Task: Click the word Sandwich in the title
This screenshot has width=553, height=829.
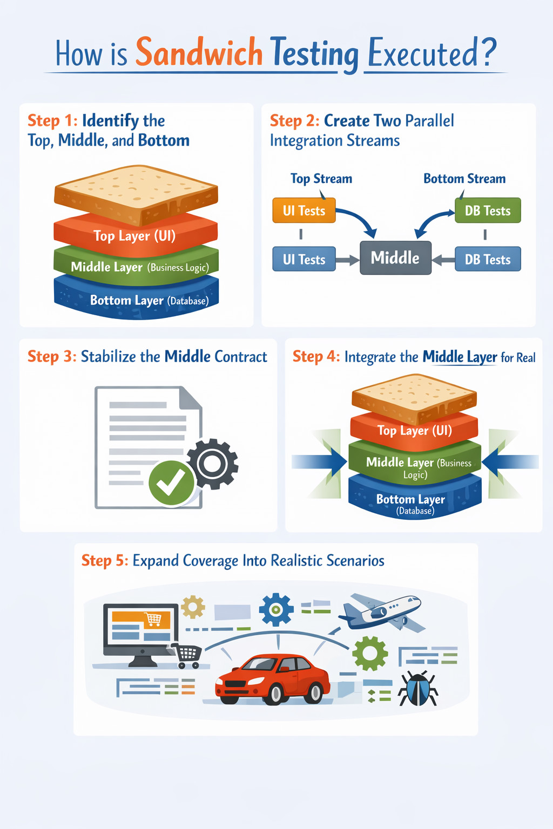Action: point(199,52)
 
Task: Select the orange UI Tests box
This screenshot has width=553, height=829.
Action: point(304,210)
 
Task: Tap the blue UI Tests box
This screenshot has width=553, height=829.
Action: point(304,259)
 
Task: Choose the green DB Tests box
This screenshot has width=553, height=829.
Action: point(487,210)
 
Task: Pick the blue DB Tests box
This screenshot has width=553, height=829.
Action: point(487,259)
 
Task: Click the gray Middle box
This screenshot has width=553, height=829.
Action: point(395,258)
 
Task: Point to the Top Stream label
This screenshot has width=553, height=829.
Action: point(321,179)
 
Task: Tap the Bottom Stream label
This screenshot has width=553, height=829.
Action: point(464,179)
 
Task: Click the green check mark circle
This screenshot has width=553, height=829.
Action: point(171,483)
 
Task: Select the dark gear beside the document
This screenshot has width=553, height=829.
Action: point(212,464)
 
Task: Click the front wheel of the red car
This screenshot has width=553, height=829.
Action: point(275,693)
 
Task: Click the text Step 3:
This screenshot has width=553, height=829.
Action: point(52,357)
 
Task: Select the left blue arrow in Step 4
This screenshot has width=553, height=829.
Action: point(319,462)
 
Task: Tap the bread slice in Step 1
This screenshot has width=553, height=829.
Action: point(136,192)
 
